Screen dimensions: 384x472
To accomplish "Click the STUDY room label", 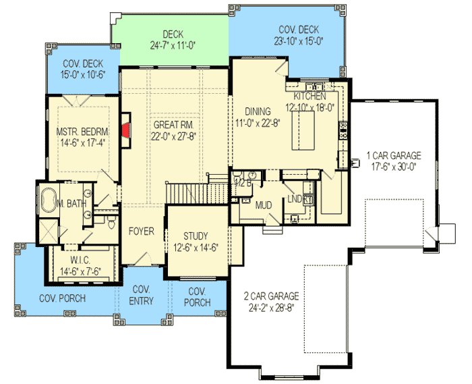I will click(x=196, y=236).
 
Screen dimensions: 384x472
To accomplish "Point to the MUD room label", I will click(x=263, y=204).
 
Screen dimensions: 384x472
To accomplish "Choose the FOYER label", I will click(x=142, y=231).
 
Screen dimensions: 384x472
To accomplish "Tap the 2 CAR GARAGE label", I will click(x=272, y=296).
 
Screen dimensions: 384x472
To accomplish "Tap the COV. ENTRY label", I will click(x=142, y=296).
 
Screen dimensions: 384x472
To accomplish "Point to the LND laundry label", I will click(x=295, y=199).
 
